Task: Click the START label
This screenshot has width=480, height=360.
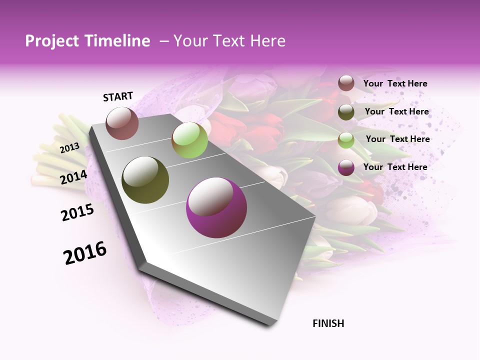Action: (x=118, y=96)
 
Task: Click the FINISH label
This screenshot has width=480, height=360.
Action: (x=328, y=323)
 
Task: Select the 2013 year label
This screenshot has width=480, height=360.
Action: (x=69, y=147)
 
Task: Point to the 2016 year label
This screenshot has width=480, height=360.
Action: (x=85, y=253)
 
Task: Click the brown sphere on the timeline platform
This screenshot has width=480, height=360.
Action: (x=122, y=123)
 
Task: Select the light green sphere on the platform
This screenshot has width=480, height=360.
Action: (x=189, y=140)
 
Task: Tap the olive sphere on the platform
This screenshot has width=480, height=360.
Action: (x=145, y=179)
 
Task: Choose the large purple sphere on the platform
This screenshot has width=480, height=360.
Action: (x=216, y=207)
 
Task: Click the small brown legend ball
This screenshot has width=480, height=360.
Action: (x=346, y=83)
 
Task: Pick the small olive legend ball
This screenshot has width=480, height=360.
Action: (x=346, y=111)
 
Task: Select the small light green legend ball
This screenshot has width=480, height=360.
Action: (x=346, y=139)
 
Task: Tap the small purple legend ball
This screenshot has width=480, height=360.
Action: (x=346, y=167)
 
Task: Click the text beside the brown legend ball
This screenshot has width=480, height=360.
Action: (x=395, y=84)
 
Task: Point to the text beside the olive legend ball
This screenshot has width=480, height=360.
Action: (x=396, y=111)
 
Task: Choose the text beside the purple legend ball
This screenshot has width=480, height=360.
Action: (x=395, y=167)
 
